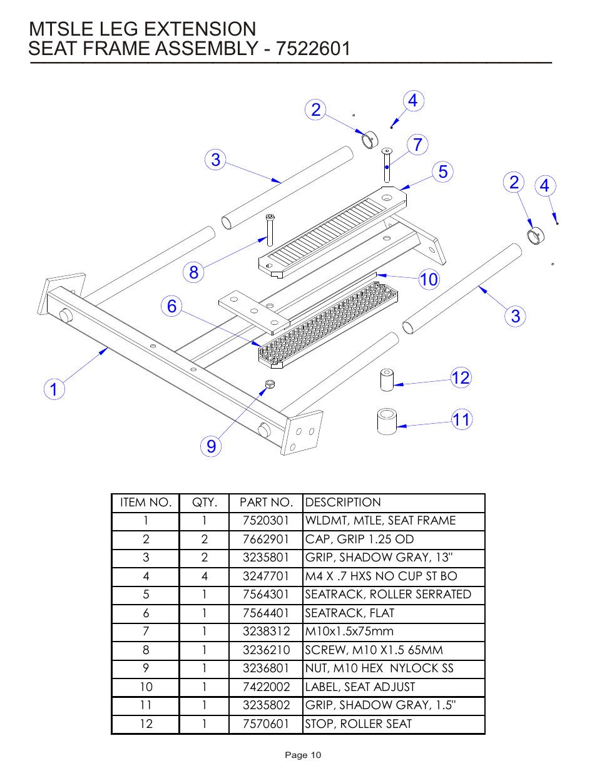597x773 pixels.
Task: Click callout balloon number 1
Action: tap(54, 389)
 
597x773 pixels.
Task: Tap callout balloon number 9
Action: tap(212, 446)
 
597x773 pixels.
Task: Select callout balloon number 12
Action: tap(461, 377)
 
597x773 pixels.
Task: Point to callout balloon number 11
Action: tap(462, 419)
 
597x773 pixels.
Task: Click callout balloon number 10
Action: tap(429, 279)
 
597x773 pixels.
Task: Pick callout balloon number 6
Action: tap(172, 306)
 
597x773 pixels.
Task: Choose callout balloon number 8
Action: tap(194, 272)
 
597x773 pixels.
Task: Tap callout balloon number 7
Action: tap(418, 145)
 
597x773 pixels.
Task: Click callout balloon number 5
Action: tap(443, 171)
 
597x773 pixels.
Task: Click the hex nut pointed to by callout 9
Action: tap(270, 384)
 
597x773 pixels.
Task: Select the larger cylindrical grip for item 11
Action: tap(387, 421)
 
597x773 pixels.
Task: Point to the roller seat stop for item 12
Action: tap(387, 380)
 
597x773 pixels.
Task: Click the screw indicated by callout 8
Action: tap(270, 230)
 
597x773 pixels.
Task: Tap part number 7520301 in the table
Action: tap(266, 521)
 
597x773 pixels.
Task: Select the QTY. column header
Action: tap(205, 503)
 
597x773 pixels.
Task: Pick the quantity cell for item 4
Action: tap(205, 576)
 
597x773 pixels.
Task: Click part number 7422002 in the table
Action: tap(266, 687)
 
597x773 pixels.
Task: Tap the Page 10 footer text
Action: tap(303, 755)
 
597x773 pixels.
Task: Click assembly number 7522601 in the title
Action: tap(314, 49)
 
